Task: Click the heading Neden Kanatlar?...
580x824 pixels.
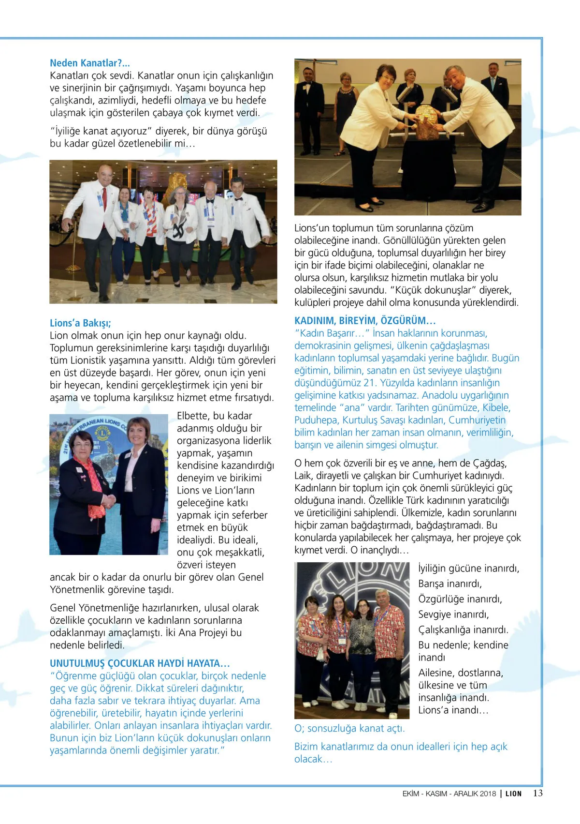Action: (89, 63)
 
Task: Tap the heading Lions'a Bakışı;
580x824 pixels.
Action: (80, 323)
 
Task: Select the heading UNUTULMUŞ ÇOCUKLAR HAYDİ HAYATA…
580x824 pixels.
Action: (140, 663)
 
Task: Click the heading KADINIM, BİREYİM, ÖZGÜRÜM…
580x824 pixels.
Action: (365, 320)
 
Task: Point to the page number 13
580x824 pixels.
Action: (537, 793)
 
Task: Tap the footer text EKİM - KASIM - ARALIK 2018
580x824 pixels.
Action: (449, 794)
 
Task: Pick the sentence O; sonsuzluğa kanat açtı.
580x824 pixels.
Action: (349, 728)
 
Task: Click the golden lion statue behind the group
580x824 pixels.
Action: (175, 186)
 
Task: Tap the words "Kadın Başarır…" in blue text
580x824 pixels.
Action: (332, 333)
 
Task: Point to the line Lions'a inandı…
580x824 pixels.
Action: (453, 710)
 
